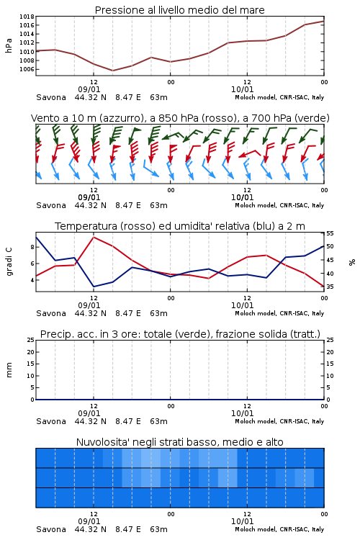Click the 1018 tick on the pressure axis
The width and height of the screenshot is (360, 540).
pos(27,17)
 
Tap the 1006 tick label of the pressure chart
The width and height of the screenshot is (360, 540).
pos(27,69)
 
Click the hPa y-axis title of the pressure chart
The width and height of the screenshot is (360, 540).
pos(9,45)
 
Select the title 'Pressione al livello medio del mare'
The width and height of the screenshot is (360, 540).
pos(180,10)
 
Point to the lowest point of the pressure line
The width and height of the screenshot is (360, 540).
pos(112,71)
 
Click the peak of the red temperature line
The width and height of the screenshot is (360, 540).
pos(94,237)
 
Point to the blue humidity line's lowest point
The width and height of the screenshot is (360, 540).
pos(94,287)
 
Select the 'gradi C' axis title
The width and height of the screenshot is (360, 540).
pos(9,261)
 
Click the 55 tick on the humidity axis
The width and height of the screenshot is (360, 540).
pos(330,233)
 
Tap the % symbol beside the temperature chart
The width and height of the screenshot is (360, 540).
pos(352,262)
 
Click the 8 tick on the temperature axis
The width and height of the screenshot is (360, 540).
pos(32,247)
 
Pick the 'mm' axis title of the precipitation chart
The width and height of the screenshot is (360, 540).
pos(9,370)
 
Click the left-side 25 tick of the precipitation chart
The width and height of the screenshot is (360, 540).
pos(31,340)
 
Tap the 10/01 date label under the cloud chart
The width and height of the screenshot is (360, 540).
pos(242,521)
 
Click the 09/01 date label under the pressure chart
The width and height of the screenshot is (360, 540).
pos(89,89)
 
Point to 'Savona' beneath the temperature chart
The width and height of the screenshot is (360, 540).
pos(51,313)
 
